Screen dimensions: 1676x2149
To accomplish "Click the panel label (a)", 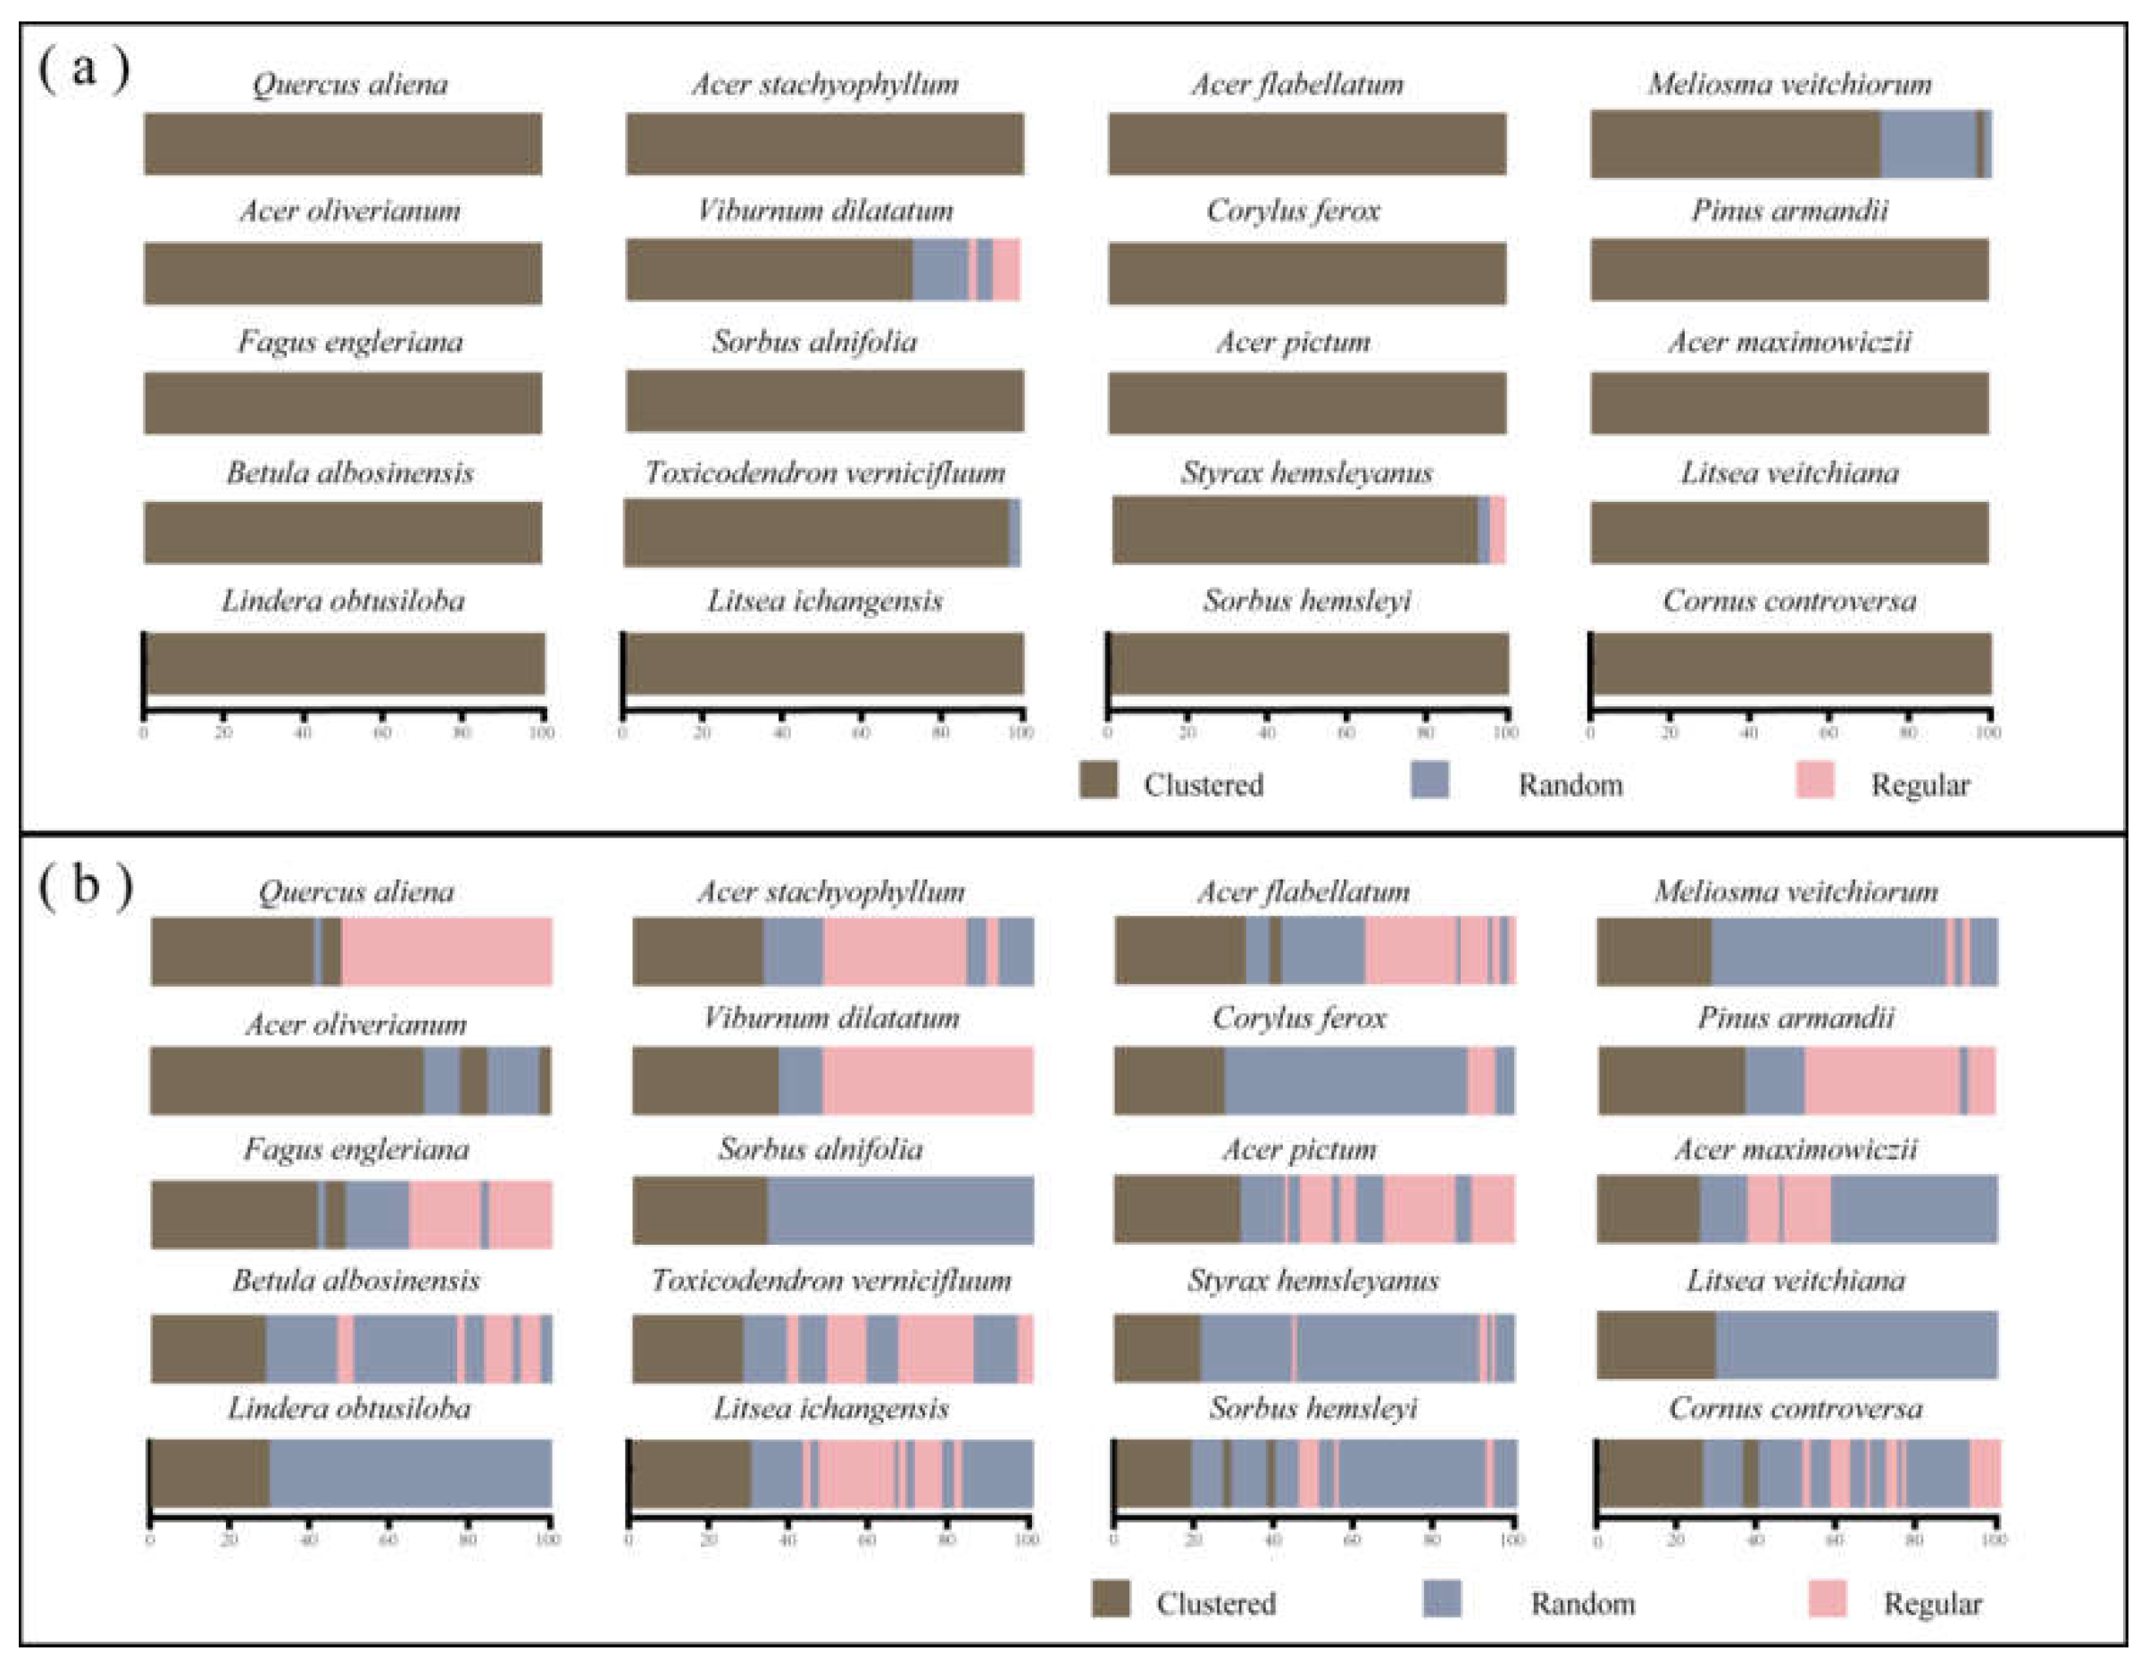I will point(83,71).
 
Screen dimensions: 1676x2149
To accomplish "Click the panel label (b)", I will point(86,886).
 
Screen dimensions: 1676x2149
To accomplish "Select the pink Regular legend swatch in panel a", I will point(1813,780).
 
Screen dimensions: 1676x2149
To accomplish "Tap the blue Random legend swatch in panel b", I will point(1442,1598).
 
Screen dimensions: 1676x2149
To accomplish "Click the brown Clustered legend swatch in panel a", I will point(1098,780).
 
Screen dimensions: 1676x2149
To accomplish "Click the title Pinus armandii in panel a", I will point(1789,211).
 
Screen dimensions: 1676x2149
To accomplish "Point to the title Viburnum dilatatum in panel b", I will point(831,1018).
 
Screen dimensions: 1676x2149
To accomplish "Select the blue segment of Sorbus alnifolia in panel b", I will point(899,1210).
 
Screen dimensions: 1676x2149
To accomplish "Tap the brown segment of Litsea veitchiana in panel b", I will point(1656,1345).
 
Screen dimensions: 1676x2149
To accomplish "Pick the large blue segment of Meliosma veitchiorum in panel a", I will point(1928,144).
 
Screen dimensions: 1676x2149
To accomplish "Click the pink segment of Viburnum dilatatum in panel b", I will point(927,1080).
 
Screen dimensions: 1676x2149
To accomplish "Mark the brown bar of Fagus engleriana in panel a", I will point(343,403).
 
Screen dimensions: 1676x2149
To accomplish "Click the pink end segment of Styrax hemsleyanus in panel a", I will point(1496,529).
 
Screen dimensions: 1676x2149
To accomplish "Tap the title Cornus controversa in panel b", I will point(1795,1408).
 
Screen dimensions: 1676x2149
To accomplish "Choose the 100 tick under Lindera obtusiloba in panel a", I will point(542,732).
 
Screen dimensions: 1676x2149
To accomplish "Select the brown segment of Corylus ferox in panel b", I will point(1169,1080).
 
